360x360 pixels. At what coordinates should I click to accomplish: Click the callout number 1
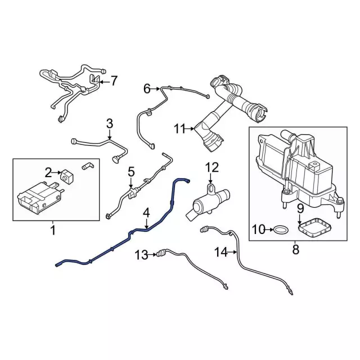53,229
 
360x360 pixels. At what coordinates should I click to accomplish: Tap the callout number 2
49,172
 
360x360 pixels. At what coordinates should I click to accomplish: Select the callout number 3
110,123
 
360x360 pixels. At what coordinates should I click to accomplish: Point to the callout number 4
146,213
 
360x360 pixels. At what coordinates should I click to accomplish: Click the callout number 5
131,172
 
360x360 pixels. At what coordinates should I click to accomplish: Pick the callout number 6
147,88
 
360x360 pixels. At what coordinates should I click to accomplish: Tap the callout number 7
114,81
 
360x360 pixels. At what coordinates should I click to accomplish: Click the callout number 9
300,209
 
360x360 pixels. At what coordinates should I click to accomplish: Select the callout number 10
258,229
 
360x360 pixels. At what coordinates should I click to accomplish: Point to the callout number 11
179,129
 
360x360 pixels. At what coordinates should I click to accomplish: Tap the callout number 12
211,167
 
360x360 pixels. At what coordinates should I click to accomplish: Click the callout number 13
141,255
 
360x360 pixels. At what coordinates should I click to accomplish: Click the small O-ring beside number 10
280,229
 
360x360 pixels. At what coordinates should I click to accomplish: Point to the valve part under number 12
206,201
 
